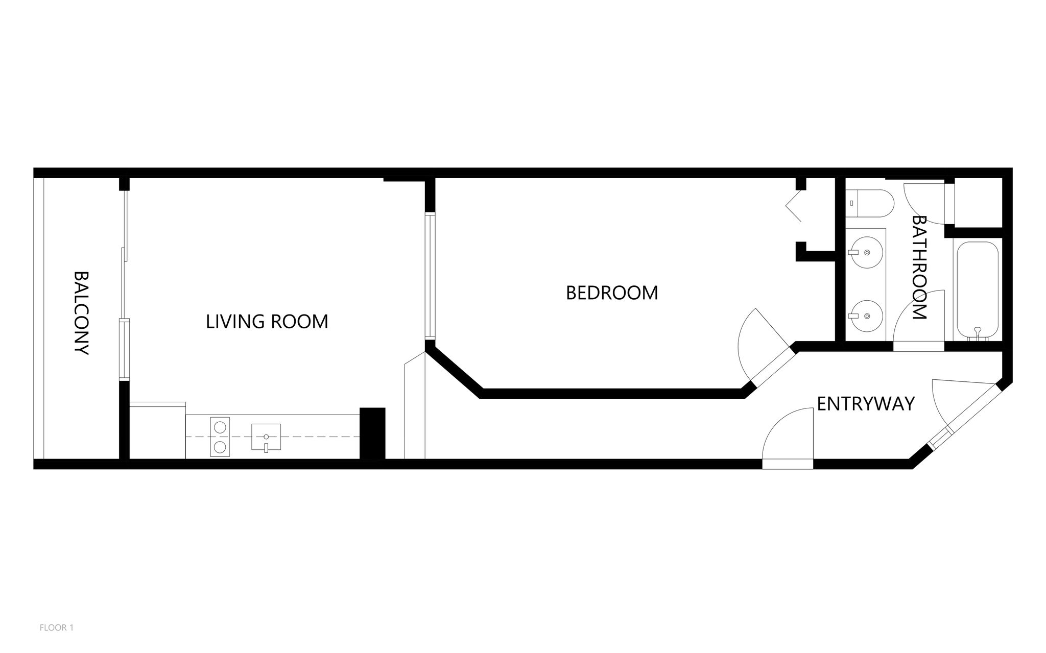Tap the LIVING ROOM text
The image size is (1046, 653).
pyautogui.click(x=267, y=322)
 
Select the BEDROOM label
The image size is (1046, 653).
pyautogui.click(x=612, y=293)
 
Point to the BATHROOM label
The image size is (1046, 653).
pyautogui.click(x=919, y=268)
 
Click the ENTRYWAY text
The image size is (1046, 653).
pyautogui.click(x=866, y=404)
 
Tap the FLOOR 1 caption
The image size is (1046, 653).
pyautogui.click(x=57, y=628)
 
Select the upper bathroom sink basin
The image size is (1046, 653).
pyautogui.click(x=867, y=252)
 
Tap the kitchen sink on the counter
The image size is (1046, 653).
pyautogui.click(x=266, y=437)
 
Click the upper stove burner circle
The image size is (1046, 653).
pyautogui.click(x=220, y=426)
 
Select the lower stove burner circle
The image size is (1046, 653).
pyautogui.click(x=220, y=448)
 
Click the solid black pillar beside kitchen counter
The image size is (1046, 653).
pyautogui.click(x=372, y=434)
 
